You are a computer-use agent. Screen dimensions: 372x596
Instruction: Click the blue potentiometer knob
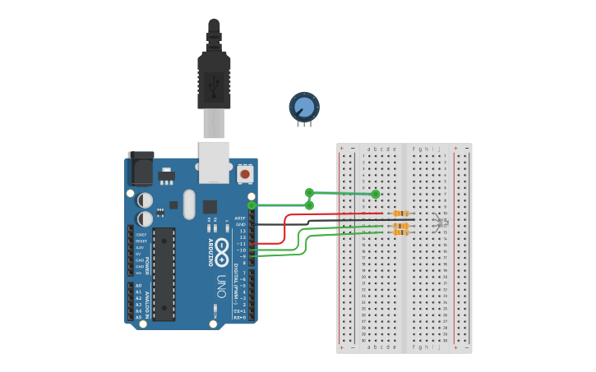pyautogui.click(x=304, y=107)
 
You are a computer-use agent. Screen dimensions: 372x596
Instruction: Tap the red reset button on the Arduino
pyautogui.click(x=245, y=174)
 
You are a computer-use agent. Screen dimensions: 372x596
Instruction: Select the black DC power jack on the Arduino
pyautogui.click(x=140, y=169)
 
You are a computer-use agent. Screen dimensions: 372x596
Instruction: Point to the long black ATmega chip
pyautogui.click(x=164, y=273)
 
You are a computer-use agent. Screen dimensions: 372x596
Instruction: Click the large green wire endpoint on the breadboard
pyautogui.click(x=376, y=195)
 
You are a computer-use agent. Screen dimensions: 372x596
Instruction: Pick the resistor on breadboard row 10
pyautogui.click(x=401, y=214)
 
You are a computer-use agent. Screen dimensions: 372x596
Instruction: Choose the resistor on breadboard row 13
pyautogui.click(x=401, y=232)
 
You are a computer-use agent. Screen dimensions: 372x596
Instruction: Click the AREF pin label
pyautogui.click(x=240, y=218)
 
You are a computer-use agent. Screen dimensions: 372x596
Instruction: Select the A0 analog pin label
pyautogui.click(x=138, y=285)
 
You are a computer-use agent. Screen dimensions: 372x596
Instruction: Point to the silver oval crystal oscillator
pyautogui.click(x=189, y=204)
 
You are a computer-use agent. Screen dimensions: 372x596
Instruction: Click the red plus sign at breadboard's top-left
pyautogui.click(x=342, y=149)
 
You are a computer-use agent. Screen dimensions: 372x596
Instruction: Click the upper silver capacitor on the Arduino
pyautogui.click(x=145, y=200)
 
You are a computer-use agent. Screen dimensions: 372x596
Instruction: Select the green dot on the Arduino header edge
pyautogui.click(x=252, y=205)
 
